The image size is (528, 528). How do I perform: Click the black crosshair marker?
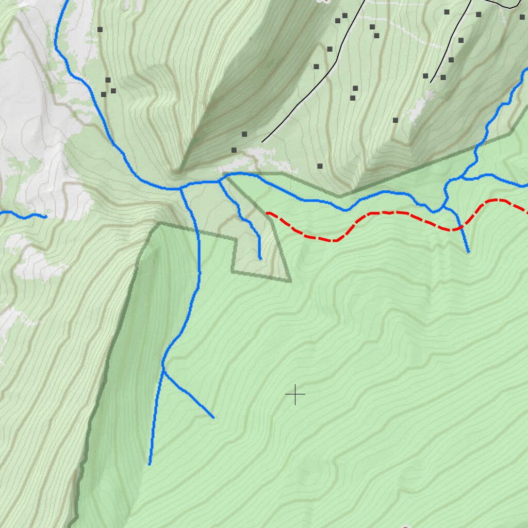pos(295,394)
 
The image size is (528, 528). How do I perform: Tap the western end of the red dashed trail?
pos(267,212)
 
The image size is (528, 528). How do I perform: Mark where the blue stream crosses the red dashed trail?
pos(457,227)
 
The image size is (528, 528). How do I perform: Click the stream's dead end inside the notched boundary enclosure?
pos(260,258)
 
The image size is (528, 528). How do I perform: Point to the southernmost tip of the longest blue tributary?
pos(150,464)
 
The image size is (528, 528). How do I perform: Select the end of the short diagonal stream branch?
pos(213,418)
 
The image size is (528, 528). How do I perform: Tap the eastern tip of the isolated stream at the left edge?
pos(46,217)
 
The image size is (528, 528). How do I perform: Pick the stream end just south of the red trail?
pos(468,252)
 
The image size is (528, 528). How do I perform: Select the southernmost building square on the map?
pos(320,166)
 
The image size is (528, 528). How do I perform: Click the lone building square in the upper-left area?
pos(100,29)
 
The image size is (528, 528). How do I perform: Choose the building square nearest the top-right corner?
pos(522,16)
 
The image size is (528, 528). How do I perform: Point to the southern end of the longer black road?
pos(262,142)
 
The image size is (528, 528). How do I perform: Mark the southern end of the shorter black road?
pos(431,82)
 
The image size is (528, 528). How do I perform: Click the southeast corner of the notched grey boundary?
pos(290,282)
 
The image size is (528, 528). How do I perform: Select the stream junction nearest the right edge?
pos(461,178)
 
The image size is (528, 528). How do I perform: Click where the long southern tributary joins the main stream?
pos(180,189)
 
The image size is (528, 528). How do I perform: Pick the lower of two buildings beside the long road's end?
pos(234,150)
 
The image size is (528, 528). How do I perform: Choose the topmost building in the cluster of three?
pos(108,80)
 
